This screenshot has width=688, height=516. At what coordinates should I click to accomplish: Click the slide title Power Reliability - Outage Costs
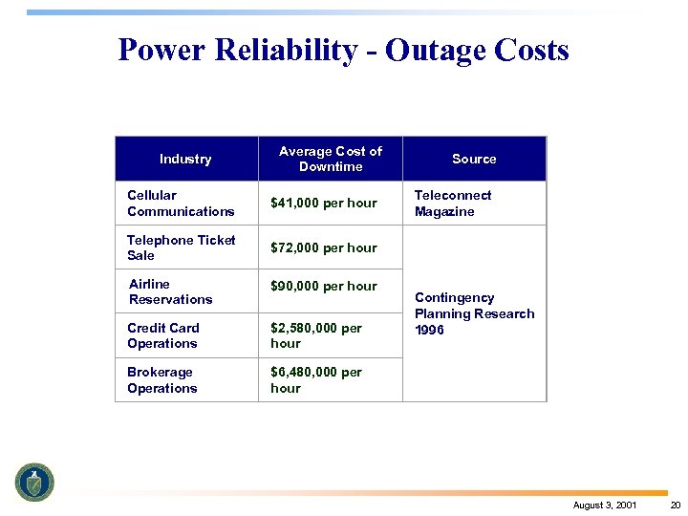(x=343, y=50)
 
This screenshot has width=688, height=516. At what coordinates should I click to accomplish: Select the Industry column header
(x=185, y=159)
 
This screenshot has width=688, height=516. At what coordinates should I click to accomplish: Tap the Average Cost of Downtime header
(x=331, y=159)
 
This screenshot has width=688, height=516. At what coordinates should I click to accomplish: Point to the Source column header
(x=474, y=159)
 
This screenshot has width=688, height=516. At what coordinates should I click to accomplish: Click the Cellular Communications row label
(x=181, y=203)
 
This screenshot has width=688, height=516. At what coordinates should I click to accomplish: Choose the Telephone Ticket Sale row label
(x=181, y=247)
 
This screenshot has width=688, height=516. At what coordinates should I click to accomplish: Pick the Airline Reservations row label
(x=171, y=291)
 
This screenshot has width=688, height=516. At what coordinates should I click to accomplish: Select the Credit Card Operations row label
(x=163, y=335)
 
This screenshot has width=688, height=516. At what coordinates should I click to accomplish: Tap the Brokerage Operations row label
(x=162, y=380)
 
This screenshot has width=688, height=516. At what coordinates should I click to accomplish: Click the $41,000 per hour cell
(x=324, y=203)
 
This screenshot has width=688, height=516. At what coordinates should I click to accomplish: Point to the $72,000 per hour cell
(x=324, y=247)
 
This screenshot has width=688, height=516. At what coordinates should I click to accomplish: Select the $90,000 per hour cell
(x=324, y=286)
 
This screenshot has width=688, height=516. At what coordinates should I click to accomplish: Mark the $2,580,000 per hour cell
(x=316, y=335)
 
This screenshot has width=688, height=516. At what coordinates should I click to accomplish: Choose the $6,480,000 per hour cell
(x=316, y=380)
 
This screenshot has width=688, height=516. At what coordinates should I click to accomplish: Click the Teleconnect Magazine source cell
(x=453, y=203)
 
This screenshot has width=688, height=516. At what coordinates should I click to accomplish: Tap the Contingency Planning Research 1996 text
(x=474, y=313)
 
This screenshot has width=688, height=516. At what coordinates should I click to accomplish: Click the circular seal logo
(x=34, y=482)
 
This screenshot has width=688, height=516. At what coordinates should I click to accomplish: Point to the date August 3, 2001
(x=605, y=505)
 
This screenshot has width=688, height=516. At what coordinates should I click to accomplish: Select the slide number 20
(x=675, y=505)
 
